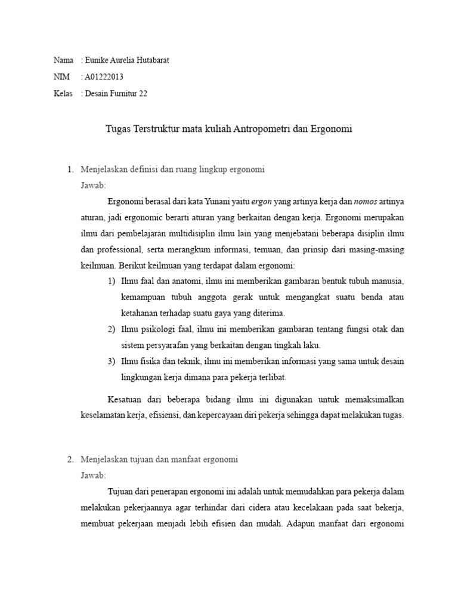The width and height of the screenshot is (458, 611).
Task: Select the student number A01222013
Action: click(x=104, y=77)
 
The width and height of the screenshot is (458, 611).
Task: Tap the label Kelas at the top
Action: click(x=63, y=94)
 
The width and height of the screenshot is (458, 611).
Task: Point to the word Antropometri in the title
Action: click(x=262, y=128)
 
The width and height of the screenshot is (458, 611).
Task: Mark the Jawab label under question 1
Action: click(x=92, y=186)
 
